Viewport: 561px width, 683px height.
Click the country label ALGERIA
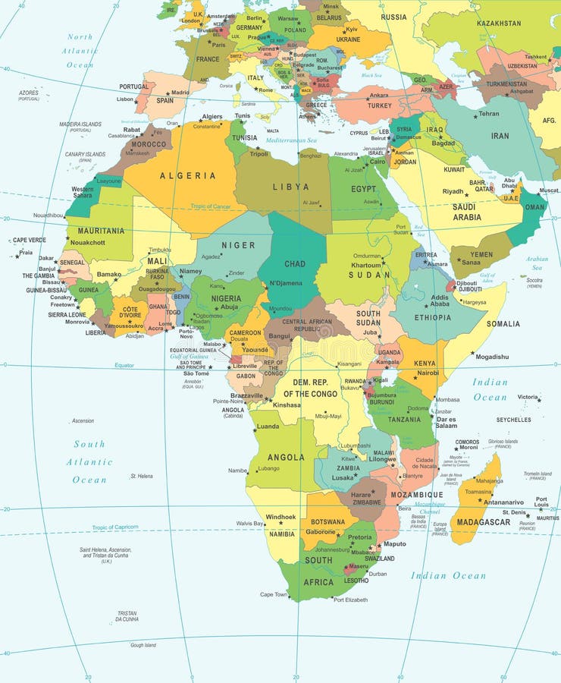point(187,175)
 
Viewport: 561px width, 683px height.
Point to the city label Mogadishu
point(492,357)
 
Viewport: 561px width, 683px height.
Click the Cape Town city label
point(274,594)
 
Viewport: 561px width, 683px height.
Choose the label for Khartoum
point(367,265)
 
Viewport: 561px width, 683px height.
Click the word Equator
point(124,365)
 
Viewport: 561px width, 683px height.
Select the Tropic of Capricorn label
point(115,527)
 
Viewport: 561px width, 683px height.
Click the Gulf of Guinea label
point(189,356)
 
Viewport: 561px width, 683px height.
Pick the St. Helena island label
point(142,476)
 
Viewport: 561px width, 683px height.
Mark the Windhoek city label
point(280,517)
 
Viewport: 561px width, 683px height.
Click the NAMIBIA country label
point(282,533)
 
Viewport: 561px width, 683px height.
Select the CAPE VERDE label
point(30,240)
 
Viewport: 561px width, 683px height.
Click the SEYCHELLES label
point(514,420)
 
